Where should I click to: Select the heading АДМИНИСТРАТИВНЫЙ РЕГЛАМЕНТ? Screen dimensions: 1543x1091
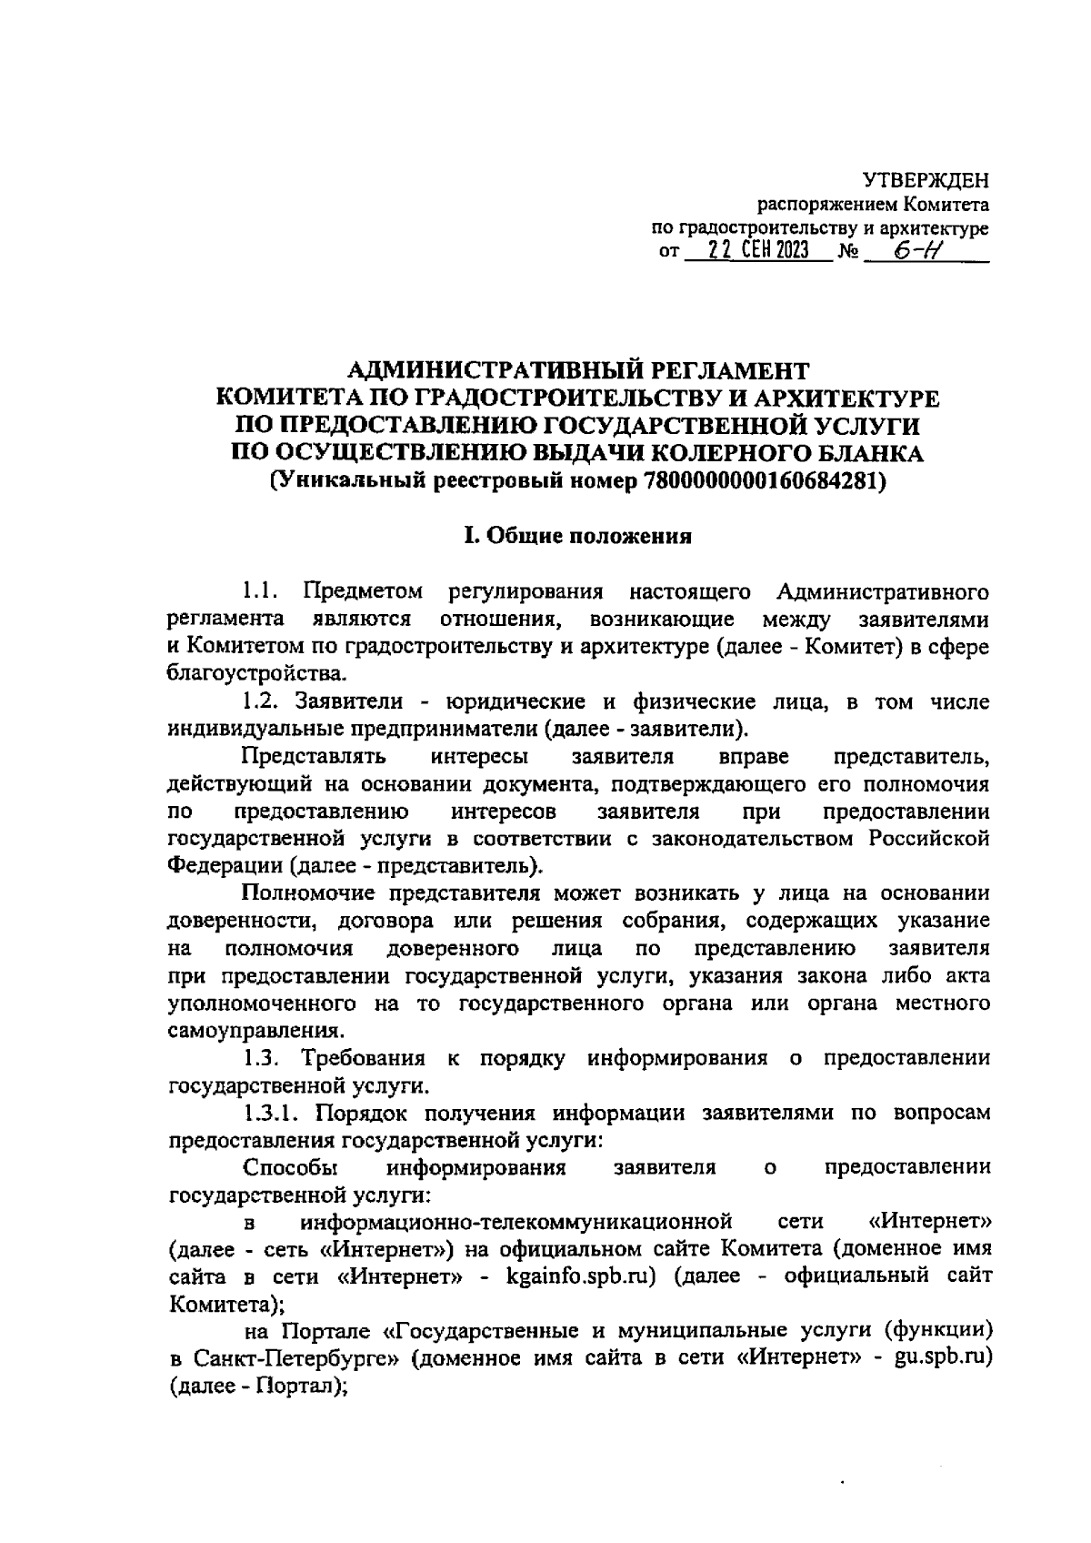(x=579, y=371)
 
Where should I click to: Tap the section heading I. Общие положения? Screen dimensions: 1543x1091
(x=578, y=536)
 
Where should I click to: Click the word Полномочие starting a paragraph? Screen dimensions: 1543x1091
(x=307, y=894)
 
